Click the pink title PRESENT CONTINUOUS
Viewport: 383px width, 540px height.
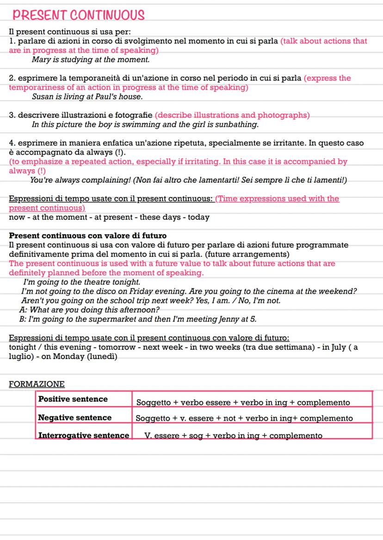coord(79,16)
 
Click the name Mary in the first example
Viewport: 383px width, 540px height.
coord(41,60)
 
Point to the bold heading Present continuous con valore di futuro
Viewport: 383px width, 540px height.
coord(88,236)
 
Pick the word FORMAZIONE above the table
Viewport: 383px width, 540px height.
coord(37,384)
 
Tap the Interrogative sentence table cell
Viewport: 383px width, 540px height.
coord(84,435)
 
